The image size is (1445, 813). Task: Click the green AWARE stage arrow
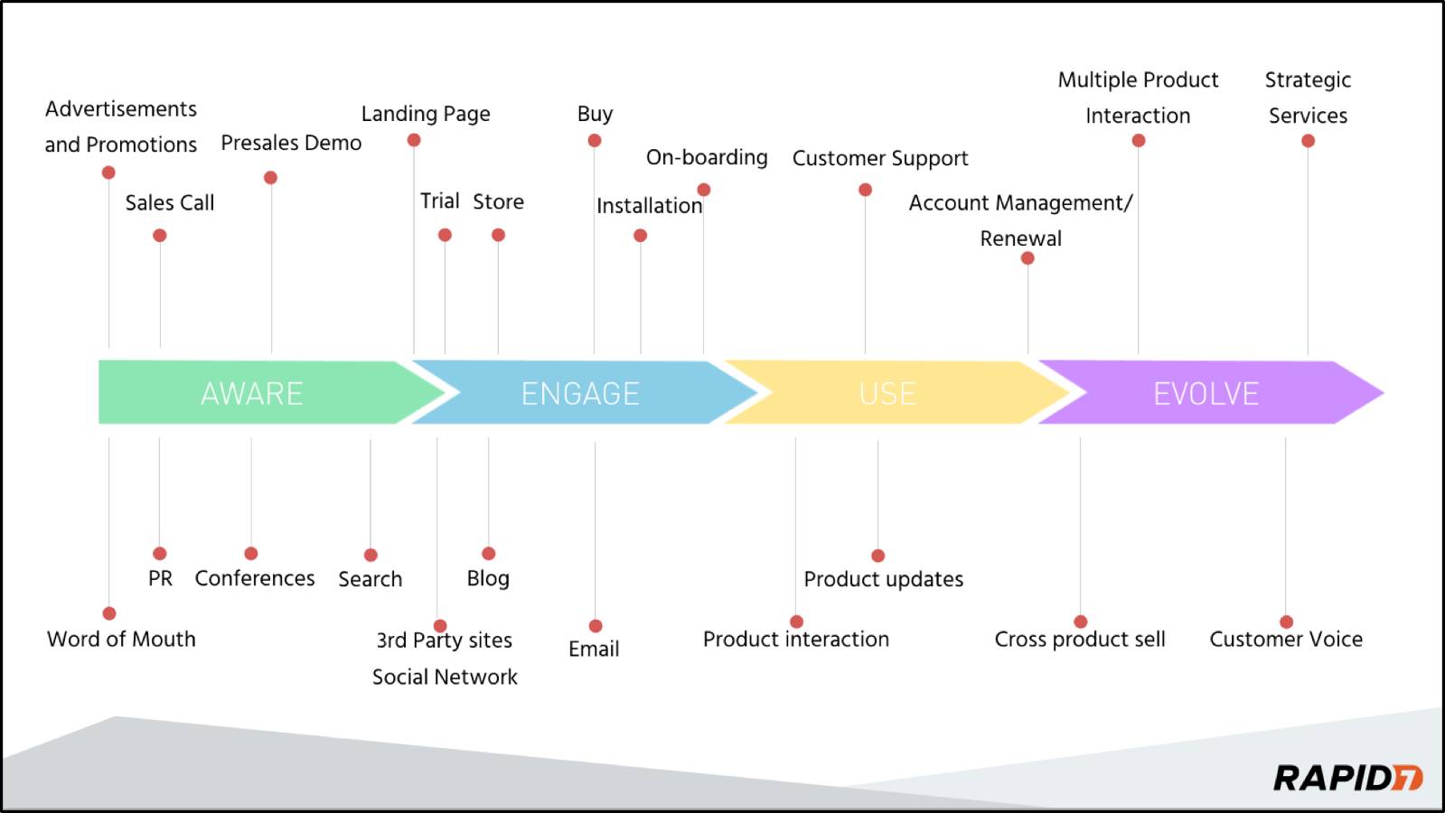(252, 393)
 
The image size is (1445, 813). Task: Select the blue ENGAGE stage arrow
(580, 393)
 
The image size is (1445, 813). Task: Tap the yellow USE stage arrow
(887, 393)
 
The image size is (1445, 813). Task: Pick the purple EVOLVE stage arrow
(1206, 393)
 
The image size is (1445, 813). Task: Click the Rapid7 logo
(1347, 778)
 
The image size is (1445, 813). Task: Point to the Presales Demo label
(291, 143)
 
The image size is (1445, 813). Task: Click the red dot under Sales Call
(160, 236)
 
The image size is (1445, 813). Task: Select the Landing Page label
(426, 114)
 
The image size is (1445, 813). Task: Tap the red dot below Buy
(595, 141)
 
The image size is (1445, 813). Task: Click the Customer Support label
(880, 158)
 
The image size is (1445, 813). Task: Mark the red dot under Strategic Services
(1308, 141)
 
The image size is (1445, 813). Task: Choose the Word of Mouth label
(121, 639)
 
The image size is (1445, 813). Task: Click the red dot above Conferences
(251, 554)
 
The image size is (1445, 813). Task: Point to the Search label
(371, 579)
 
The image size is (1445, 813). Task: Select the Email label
(594, 649)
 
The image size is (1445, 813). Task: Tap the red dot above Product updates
(878, 556)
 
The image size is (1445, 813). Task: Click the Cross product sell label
(1080, 639)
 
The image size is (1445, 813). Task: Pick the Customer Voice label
(1286, 639)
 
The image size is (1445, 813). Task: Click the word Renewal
(1021, 238)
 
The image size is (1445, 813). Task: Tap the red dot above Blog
(489, 554)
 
